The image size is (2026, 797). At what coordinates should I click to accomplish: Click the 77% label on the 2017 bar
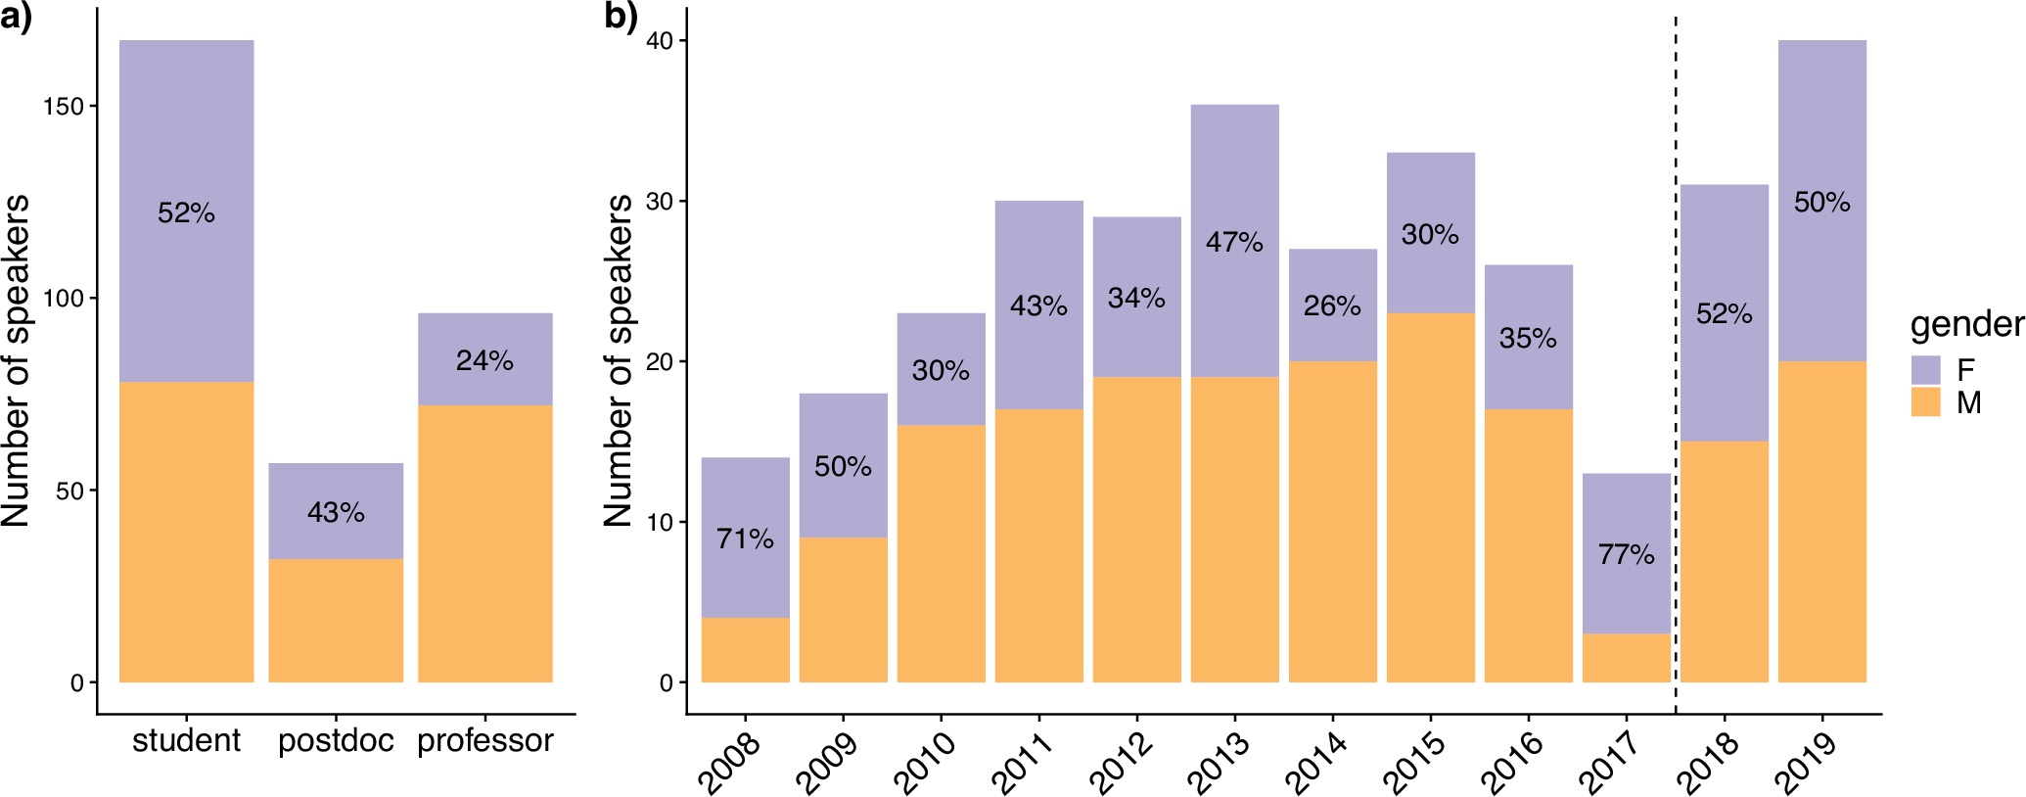tap(1626, 555)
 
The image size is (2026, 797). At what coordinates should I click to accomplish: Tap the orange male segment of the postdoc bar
tap(336, 621)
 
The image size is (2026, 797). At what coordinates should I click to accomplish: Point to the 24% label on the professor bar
tap(484, 361)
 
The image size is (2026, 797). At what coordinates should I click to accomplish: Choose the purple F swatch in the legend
tap(1925, 370)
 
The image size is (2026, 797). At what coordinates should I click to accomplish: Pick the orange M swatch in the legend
tap(1925, 402)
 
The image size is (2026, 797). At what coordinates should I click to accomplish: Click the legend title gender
tap(1966, 324)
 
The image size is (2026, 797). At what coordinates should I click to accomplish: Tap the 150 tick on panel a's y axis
tap(63, 107)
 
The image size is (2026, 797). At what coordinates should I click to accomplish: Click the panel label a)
tap(16, 18)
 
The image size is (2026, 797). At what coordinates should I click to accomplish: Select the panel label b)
tap(621, 18)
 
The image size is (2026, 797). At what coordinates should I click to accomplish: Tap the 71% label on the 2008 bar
tap(745, 539)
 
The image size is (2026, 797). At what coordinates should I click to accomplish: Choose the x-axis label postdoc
tap(336, 741)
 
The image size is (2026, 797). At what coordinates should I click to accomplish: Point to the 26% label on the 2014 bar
tap(1332, 306)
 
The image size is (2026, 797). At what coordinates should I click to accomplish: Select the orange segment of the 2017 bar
tap(1626, 658)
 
